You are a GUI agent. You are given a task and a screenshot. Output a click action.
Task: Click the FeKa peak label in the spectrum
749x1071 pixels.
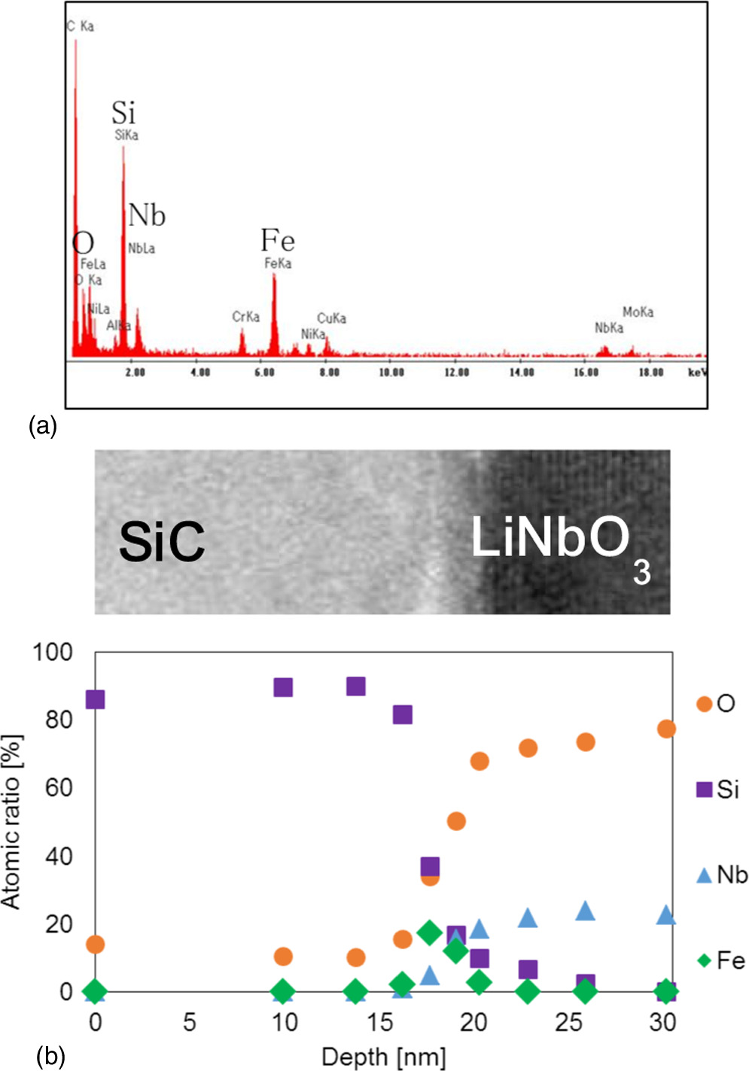(x=278, y=263)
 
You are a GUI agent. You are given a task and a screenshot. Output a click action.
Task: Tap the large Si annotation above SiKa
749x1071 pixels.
(x=123, y=113)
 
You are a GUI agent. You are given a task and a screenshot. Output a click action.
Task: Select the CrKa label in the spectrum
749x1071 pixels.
(x=245, y=317)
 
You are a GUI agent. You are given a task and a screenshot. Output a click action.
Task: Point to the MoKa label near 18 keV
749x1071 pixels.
(x=638, y=312)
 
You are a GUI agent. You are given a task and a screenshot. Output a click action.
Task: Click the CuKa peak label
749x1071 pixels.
(x=331, y=318)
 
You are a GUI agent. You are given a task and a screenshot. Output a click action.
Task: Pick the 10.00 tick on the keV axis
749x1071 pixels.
(x=391, y=373)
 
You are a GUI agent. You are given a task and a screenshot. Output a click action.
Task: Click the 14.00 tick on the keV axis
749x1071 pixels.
(x=522, y=373)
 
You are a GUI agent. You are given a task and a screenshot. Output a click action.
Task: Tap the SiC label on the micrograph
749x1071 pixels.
(x=162, y=542)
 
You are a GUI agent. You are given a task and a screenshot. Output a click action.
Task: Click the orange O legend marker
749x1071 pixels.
(x=705, y=704)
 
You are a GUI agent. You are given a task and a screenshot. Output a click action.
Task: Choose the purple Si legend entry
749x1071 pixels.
(x=717, y=790)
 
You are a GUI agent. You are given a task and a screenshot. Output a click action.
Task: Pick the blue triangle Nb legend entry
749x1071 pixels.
(x=721, y=875)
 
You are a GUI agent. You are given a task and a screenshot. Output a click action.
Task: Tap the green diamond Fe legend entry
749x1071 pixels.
(x=720, y=960)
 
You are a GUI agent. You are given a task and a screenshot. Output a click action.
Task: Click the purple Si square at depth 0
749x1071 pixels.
(x=95, y=699)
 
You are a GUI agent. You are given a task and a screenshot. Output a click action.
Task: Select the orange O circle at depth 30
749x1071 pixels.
(x=666, y=729)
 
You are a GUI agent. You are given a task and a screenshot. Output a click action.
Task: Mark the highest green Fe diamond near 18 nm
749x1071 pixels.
(x=430, y=933)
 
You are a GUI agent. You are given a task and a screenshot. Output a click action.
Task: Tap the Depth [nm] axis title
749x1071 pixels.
(x=383, y=1057)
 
